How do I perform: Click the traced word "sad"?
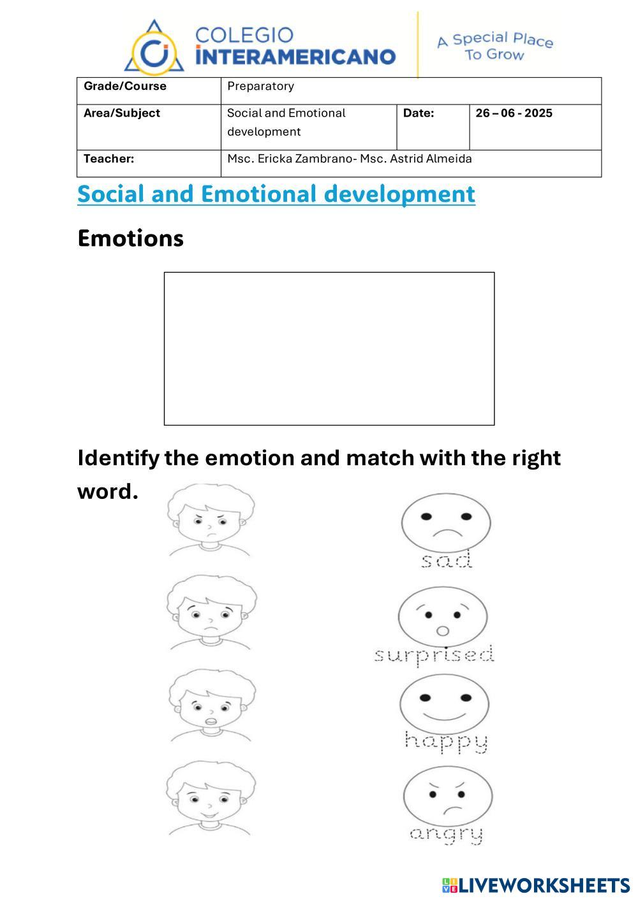[x=447, y=560]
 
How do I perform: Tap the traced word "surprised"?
[x=434, y=655]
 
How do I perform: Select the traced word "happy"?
[x=447, y=741]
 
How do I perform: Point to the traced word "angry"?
[x=446, y=834]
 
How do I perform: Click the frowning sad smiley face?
[x=446, y=521]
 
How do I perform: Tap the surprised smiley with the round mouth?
[x=443, y=617]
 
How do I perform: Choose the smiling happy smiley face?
[x=444, y=705]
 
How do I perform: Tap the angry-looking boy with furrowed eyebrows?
[x=211, y=519]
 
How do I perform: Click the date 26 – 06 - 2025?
[x=514, y=113]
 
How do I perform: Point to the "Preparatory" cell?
[x=260, y=86]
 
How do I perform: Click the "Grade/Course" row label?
[x=125, y=86]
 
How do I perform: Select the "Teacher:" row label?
[x=109, y=159]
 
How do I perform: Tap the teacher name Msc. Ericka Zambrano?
[x=289, y=159]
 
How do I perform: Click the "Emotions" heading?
[x=130, y=238]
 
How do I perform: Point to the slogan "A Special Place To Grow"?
[x=495, y=47]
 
